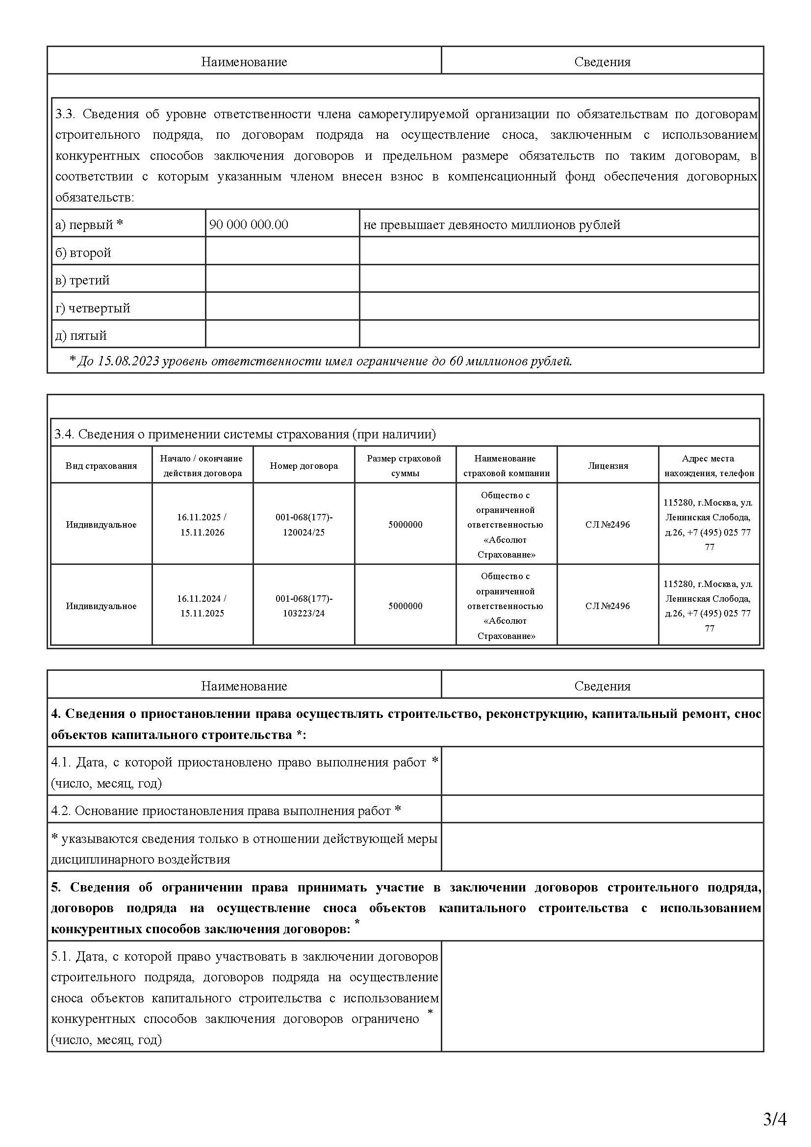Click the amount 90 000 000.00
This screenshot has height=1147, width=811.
(249, 225)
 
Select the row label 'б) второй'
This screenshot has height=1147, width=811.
(83, 253)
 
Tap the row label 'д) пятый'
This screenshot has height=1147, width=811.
(81, 336)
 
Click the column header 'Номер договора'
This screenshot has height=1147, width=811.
(304, 465)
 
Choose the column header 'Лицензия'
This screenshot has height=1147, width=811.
(608, 465)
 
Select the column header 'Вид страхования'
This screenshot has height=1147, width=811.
(101, 465)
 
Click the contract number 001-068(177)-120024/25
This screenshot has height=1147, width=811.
(304, 525)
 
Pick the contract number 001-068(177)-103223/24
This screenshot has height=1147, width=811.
(304, 606)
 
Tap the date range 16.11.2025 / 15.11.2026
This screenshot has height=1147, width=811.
(202, 525)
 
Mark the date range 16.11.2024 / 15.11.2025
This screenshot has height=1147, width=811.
(202, 606)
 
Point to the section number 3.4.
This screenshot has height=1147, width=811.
(64, 434)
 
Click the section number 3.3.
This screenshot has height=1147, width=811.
(65, 114)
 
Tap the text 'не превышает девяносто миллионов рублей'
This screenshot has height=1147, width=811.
(492, 225)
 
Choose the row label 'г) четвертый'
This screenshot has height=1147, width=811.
(93, 308)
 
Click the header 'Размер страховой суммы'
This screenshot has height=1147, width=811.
(405, 465)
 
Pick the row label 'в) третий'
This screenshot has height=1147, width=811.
(82, 280)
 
